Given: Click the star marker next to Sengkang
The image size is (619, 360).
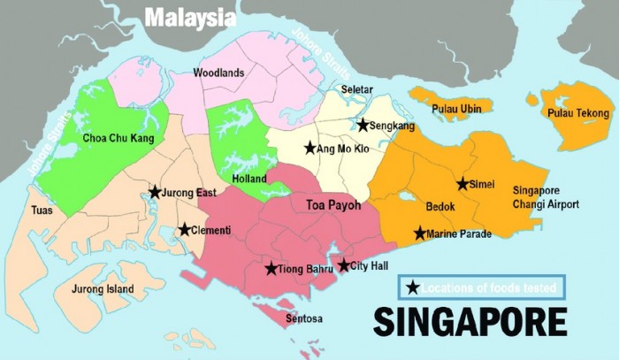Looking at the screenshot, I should click(363, 126).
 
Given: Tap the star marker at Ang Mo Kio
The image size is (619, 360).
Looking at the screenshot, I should click(309, 148).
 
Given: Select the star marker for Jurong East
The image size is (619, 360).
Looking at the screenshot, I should click(155, 192).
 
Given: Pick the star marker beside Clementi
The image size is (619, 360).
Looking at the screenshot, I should click(184, 230).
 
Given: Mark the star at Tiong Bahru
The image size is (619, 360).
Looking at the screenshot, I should click(271, 269).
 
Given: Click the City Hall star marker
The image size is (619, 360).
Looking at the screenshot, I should click(344, 265).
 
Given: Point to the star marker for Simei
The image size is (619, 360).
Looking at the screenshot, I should click(462, 184).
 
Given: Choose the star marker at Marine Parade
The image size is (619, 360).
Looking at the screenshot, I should click(420, 234).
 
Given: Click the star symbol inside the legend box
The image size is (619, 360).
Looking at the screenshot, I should click(413, 287).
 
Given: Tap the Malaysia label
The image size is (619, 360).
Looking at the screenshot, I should click(190, 17).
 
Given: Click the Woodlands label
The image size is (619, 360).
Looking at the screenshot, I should click(218, 73).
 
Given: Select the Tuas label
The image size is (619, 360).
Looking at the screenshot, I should click(42, 211).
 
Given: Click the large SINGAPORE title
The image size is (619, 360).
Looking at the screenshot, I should click(470, 320).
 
